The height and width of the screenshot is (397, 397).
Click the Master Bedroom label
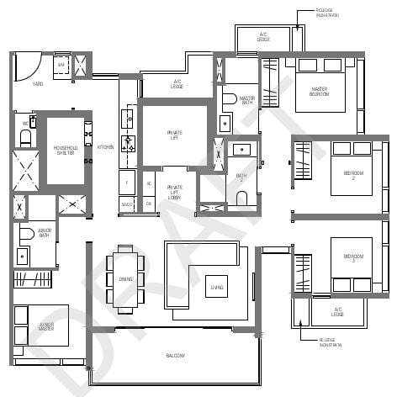pyautogui.click(x=320, y=91)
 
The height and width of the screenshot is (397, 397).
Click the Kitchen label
pyautogui.click(x=105, y=147)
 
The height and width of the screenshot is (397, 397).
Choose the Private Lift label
pyautogui.click(x=174, y=134)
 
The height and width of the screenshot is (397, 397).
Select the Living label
pyautogui.click(x=217, y=288)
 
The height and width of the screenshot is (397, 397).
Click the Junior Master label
pyautogui.click(x=46, y=326)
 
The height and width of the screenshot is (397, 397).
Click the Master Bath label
pyautogui.click(x=246, y=100)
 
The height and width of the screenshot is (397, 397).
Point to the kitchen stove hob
pyautogui.click(x=129, y=144)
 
